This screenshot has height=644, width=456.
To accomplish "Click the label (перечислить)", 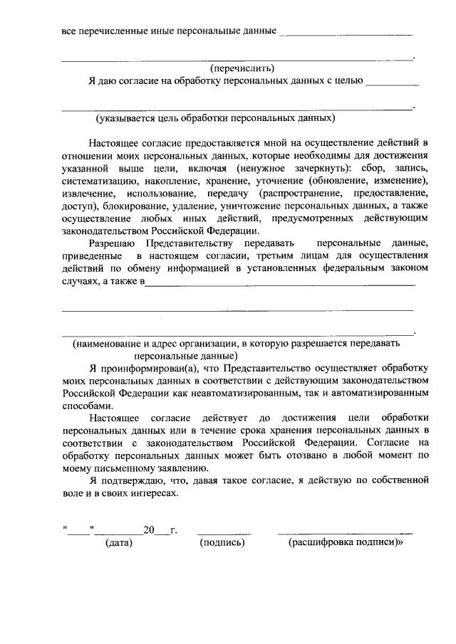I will coord(242,68).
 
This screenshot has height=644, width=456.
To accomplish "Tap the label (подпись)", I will coord(223,543).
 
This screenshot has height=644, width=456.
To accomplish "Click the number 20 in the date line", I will coord(148,530).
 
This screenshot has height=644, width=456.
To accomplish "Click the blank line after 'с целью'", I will coord(391,85).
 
